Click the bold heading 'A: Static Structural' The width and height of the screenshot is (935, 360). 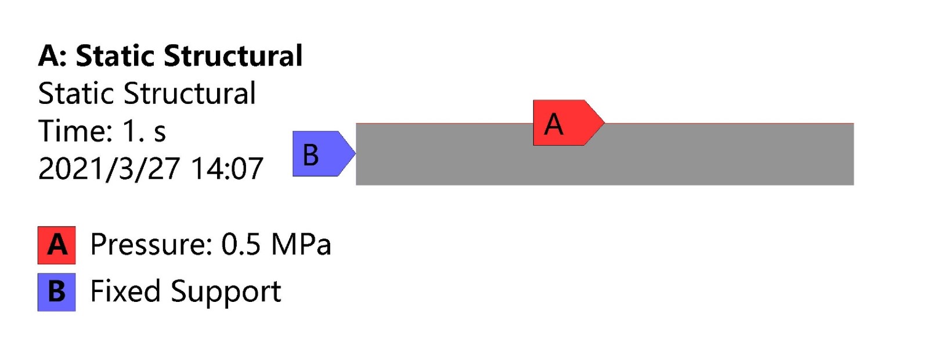170,56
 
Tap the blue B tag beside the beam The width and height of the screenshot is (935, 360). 324,154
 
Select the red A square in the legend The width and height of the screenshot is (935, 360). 57,246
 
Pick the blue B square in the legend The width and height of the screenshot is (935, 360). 57,292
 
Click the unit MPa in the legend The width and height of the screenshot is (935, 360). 301,244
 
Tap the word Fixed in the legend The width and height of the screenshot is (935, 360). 125,291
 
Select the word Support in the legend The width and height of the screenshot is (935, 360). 226,292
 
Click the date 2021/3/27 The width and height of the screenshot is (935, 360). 109,169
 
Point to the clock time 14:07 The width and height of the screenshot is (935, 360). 227,169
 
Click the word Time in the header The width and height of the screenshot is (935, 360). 75,131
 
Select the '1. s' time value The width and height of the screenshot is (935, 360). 145,131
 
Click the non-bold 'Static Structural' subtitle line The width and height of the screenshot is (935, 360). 147,93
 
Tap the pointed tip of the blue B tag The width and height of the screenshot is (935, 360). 356,153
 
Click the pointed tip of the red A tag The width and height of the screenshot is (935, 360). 604,123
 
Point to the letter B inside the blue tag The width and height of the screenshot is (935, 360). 311,155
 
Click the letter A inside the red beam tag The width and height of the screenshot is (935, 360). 554,124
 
